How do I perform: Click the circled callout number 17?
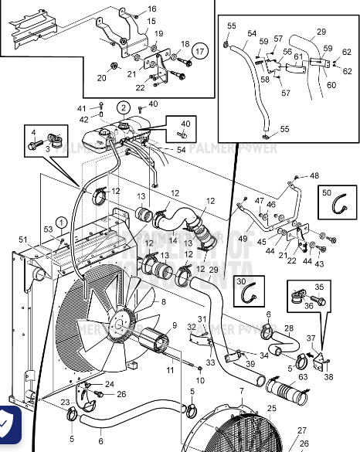pyautogui.click(x=201, y=52)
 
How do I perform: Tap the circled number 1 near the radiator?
pyautogui.click(x=62, y=223)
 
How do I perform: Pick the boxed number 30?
pyautogui.click(x=240, y=282)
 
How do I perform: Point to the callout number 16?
pyautogui.click(x=151, y=8)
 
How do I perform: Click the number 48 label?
pyautogui.click(x=314, y=175)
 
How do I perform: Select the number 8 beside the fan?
pyautogui.click(x=163, y=302)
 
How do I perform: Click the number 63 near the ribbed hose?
pyautogui.click(x=303, y=377)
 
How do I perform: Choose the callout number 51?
pyautogui.click(x=22, y=240)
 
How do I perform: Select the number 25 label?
pyautogui.click(x=271, y=407)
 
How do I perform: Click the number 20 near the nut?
pyautogui.click(x=101, y=77)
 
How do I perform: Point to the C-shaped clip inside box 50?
pyautogui.click(x=337, y=205)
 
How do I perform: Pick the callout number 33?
pyautogui.click(x=210, y=362)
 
